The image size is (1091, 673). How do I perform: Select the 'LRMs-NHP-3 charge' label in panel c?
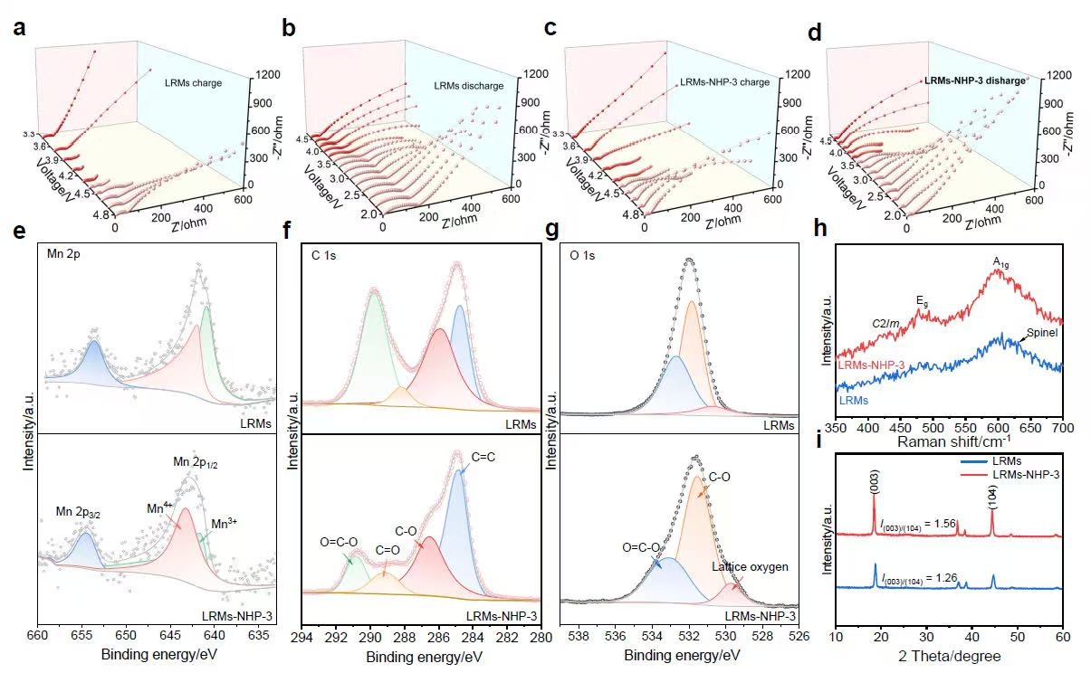tap(724, 82)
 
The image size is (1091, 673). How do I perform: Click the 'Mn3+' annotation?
tap(225, 523)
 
